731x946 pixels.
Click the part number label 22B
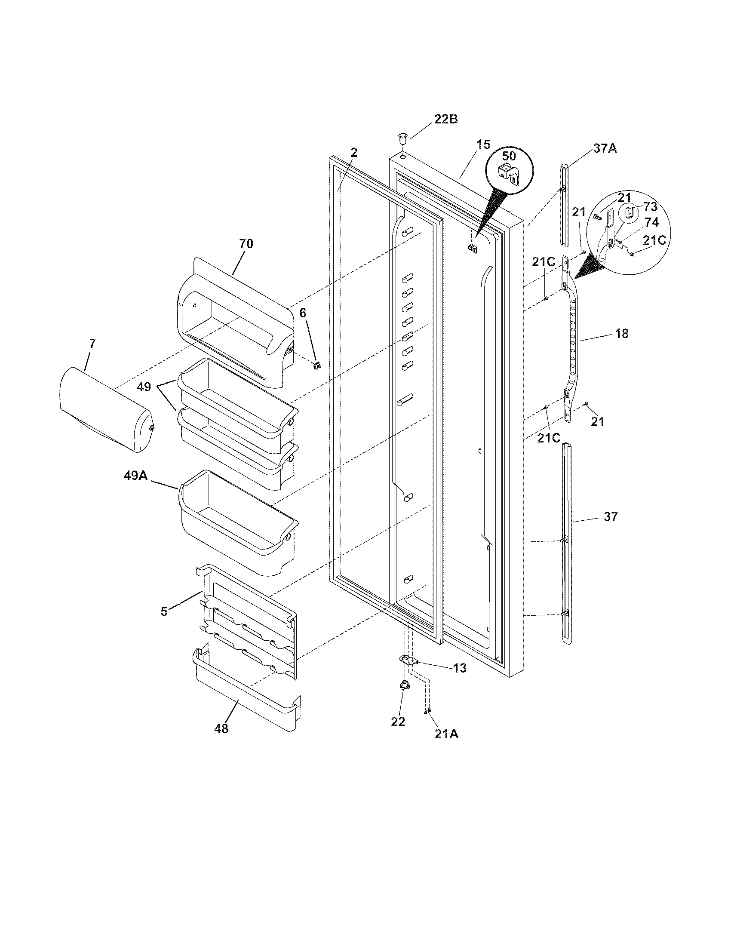(x=445, y=120)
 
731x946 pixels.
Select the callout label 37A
(x=605, y=149)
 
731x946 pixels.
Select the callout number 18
(x=621, y=334)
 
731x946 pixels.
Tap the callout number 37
(x=611, y=516)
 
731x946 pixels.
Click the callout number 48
(x=221, y=729)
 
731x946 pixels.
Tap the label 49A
(x=136, y=476)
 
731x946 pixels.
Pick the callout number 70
(x=246, y=244)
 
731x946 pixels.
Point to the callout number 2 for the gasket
(x=354, y=152)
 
